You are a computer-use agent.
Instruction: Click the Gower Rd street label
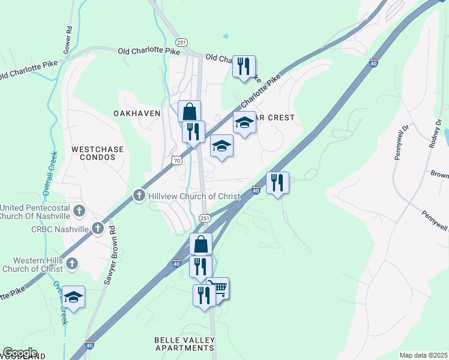click(69, 37)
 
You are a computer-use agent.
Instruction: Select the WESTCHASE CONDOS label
click(93, 153)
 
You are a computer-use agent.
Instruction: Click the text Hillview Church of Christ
click(194, 196)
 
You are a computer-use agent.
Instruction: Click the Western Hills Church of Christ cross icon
click(72, 263)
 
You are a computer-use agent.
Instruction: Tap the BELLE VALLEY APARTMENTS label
click(184, 344)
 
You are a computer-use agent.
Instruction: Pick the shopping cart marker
click(218, 289)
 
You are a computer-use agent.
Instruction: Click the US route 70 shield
click(176, 160)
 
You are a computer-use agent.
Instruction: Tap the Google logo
click(20, 353)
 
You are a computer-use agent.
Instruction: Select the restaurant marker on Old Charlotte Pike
click(244, 66)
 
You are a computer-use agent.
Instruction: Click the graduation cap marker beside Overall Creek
click(74, 297)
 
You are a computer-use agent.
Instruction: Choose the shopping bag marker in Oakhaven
click(189, 111)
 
